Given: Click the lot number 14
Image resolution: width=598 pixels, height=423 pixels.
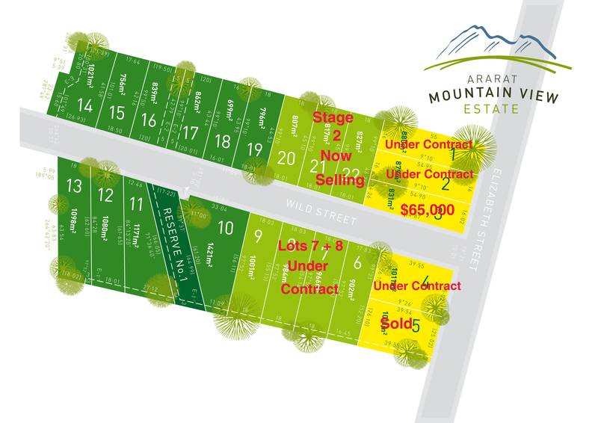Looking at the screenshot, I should coord(85,107).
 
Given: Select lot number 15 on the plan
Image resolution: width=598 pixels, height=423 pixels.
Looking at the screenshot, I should coord(116,113).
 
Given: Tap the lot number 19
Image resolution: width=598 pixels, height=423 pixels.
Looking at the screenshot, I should coord(254,148).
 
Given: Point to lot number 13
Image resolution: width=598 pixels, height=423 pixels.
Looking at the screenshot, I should coord(73,185).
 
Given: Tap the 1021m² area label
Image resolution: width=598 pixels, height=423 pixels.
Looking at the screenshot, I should coord(90,78).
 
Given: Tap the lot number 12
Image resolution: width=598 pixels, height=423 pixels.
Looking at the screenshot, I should coord(105,196).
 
